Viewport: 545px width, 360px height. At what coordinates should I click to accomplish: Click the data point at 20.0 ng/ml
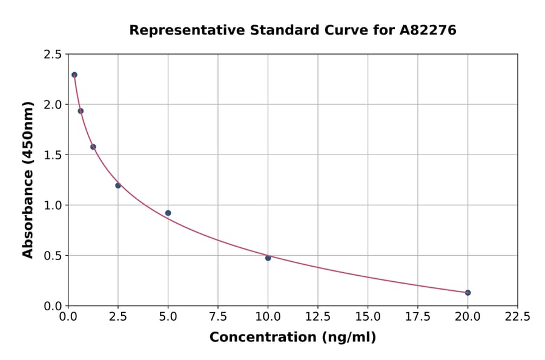467,293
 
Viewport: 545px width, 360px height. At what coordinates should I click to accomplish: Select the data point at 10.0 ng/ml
268,258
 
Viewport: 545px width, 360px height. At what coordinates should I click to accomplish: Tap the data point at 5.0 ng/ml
168,213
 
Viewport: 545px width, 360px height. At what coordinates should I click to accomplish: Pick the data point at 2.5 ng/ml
118,185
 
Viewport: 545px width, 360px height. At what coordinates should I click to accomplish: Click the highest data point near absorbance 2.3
74,75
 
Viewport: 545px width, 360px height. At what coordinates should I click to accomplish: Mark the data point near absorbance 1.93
81,111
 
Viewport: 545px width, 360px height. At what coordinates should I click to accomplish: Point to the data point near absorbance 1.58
93,147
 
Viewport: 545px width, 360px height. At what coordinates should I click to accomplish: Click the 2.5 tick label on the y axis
52,55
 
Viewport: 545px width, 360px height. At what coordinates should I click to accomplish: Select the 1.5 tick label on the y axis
52,155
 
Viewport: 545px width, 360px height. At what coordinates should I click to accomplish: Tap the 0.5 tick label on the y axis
52,256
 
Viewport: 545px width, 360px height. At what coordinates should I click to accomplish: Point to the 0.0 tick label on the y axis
52,306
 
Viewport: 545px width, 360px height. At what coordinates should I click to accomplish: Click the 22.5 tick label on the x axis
517,317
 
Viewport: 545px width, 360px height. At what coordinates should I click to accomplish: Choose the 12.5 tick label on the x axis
318,317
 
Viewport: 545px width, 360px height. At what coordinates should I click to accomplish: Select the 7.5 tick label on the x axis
218,317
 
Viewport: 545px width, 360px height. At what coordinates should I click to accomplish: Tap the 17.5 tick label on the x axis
417,317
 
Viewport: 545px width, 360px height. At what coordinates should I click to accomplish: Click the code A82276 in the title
428,30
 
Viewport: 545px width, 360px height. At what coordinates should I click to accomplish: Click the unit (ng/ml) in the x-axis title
349,338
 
